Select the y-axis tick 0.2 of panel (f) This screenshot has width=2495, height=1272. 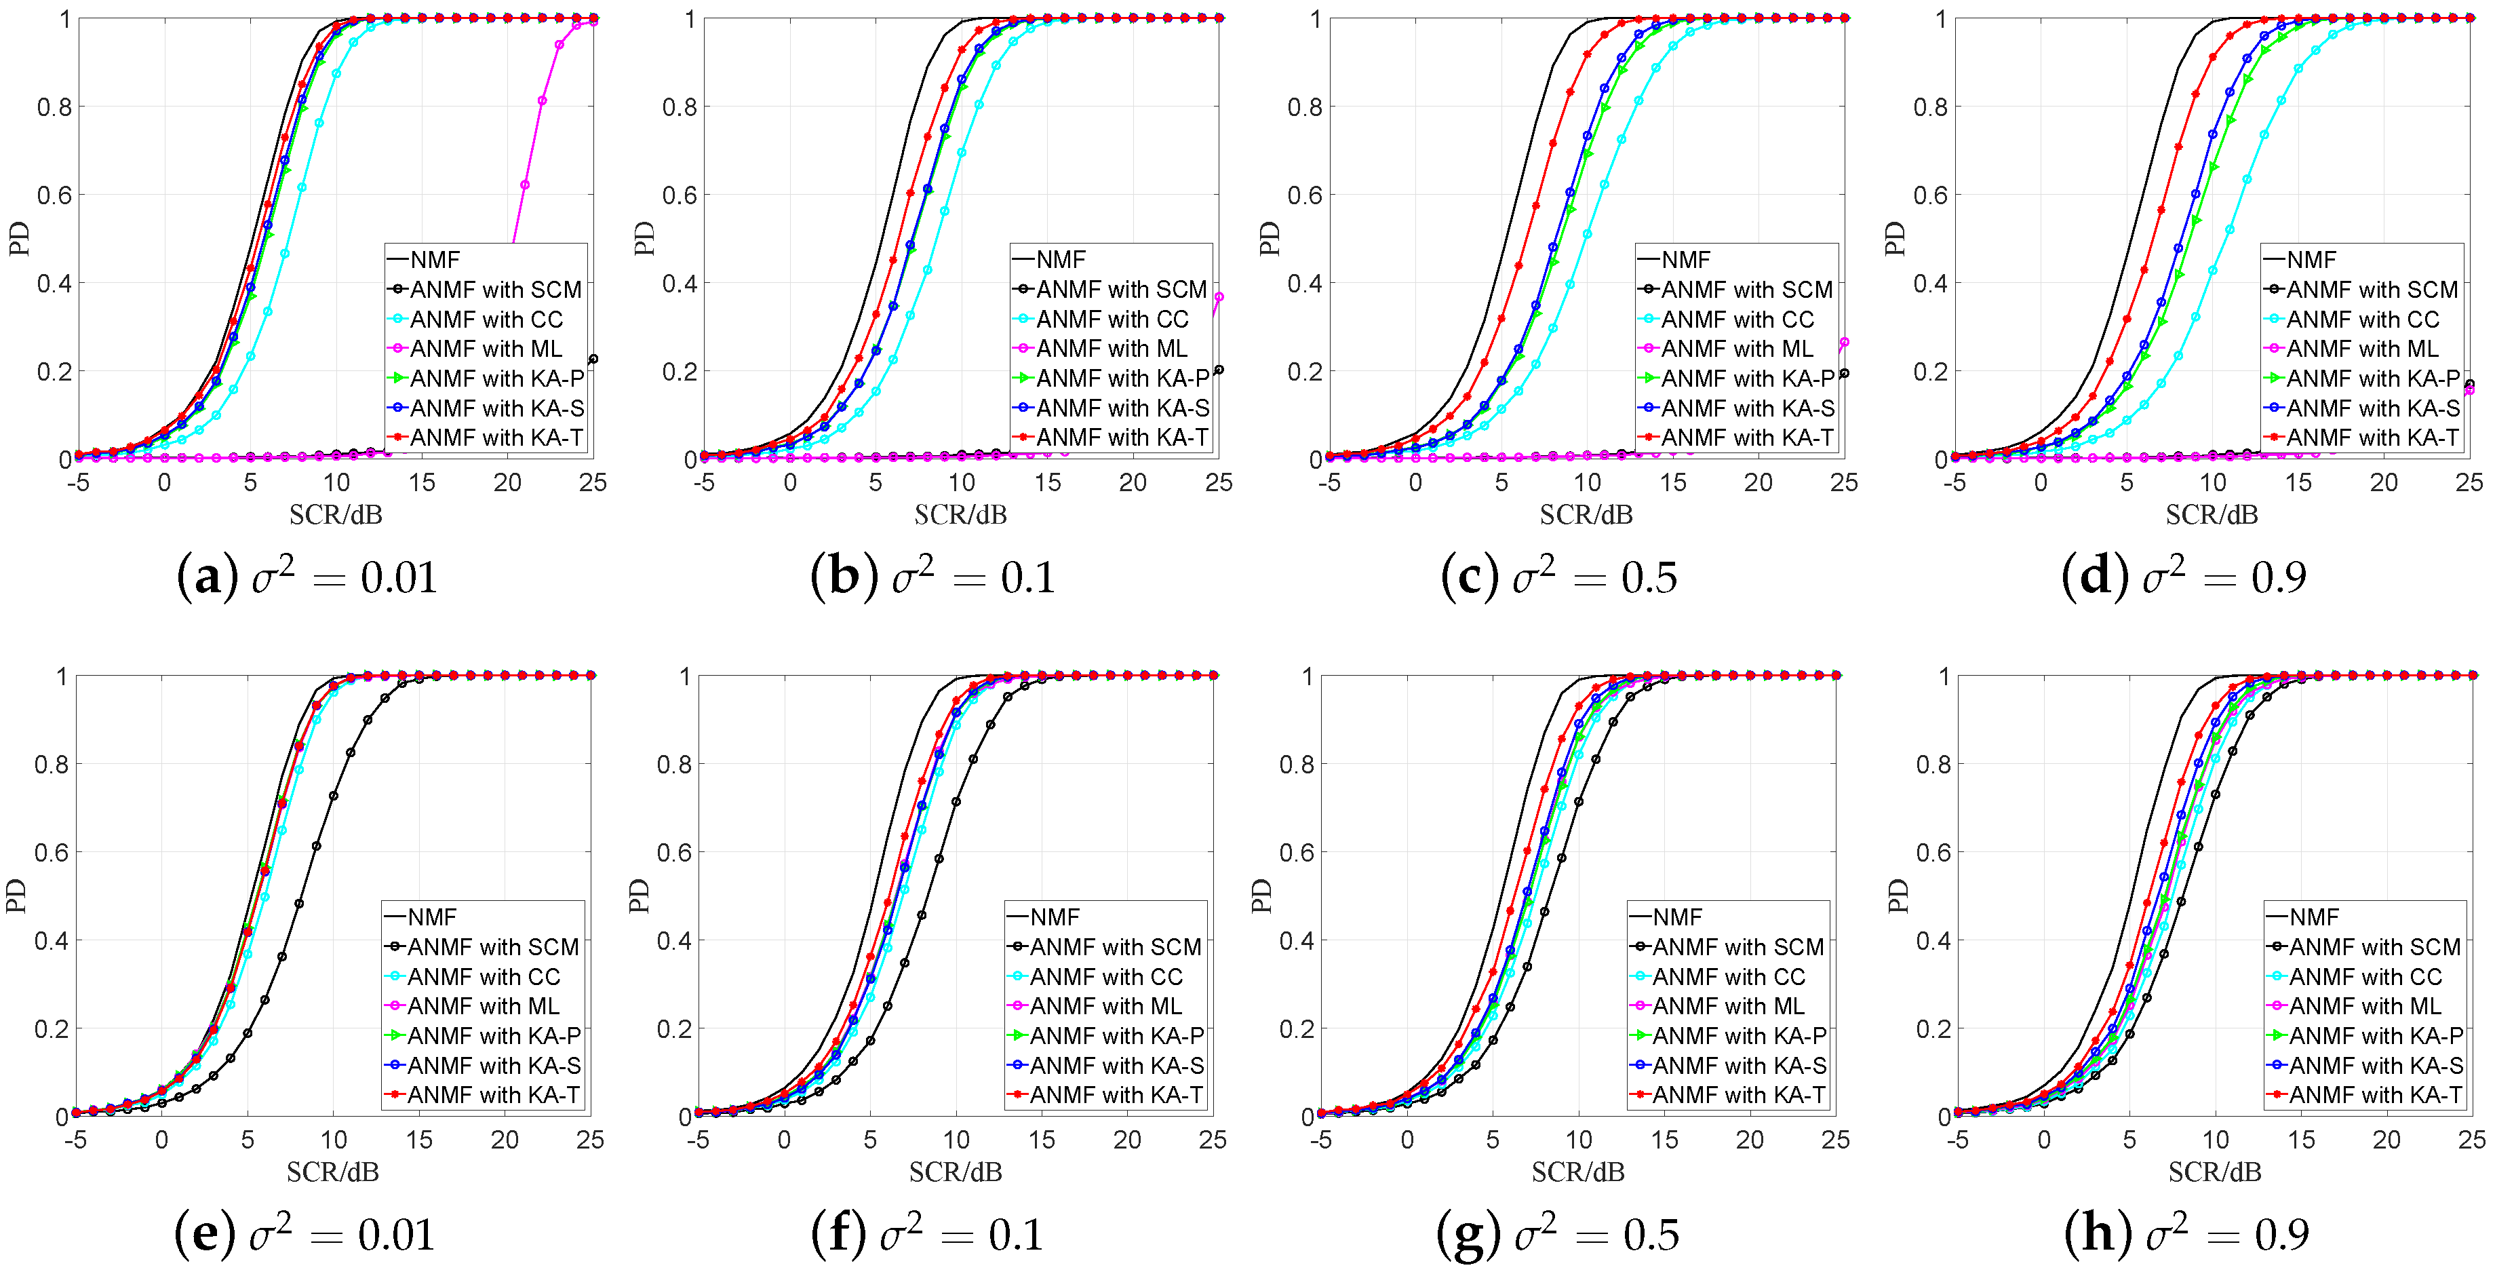(x=675, y=1029)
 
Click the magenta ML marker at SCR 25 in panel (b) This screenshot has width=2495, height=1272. (x=1219, y=297)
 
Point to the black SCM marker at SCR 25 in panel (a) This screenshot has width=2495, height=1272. (x=593, y=360)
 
